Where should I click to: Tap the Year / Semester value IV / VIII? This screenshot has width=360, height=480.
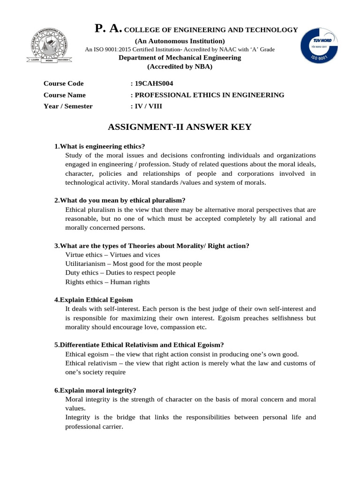point(146,106)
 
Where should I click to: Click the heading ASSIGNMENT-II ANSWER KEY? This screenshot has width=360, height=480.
point(180,127)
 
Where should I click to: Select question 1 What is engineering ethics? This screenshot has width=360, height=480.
point(100,146)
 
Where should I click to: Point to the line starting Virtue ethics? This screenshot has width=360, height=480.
point(112,255)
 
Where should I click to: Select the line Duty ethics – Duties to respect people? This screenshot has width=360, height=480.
point(120,272)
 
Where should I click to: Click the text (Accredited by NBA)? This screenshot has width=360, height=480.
point(180,67)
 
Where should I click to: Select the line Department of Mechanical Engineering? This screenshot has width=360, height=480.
point(180,58)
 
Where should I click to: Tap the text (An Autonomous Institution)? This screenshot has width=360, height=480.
point(180,41)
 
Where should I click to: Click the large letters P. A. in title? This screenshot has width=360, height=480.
point(108,29)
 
